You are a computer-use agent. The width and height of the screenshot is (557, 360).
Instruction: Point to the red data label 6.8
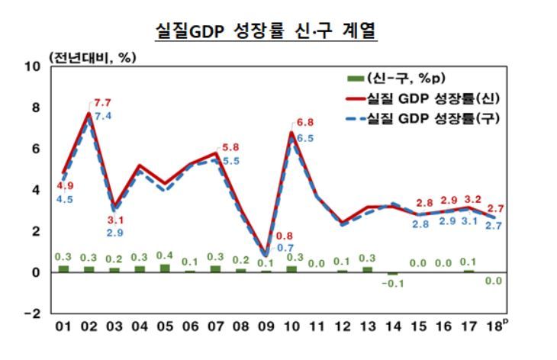coord(304,122)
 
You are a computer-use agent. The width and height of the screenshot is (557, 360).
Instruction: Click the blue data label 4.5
coord(63,200)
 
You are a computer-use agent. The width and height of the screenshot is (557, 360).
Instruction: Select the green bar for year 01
coord(63,268)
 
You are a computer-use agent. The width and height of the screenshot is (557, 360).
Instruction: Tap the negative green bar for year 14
coord(393,273)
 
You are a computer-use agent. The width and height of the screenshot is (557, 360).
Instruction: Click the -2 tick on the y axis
coord(31,313)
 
